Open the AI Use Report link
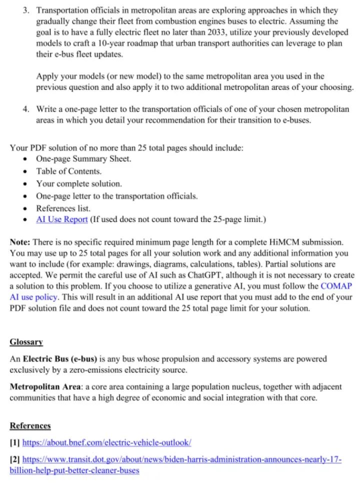[62, 219]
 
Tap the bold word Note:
[20, 242]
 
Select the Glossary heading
[26, 342]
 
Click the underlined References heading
[30, 425]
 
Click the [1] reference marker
[15, 443]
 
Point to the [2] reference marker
[15, 459]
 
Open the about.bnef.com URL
[107, 443]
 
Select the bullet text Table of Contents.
[68, 171]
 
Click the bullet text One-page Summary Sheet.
[83, 159]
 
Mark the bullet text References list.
[63, 207]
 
